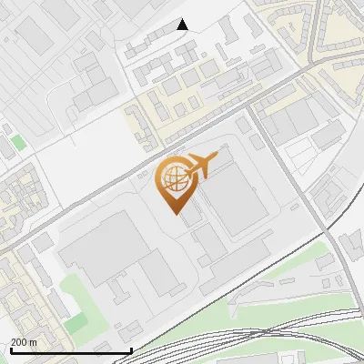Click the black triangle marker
[182, 25]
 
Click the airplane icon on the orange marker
[201, 166]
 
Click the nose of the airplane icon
[216, 157]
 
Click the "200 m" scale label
[25, 342]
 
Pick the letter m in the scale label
[34, 342]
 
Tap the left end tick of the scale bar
[11, 349]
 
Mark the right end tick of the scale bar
[132, 349]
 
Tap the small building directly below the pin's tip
[192, 219]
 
